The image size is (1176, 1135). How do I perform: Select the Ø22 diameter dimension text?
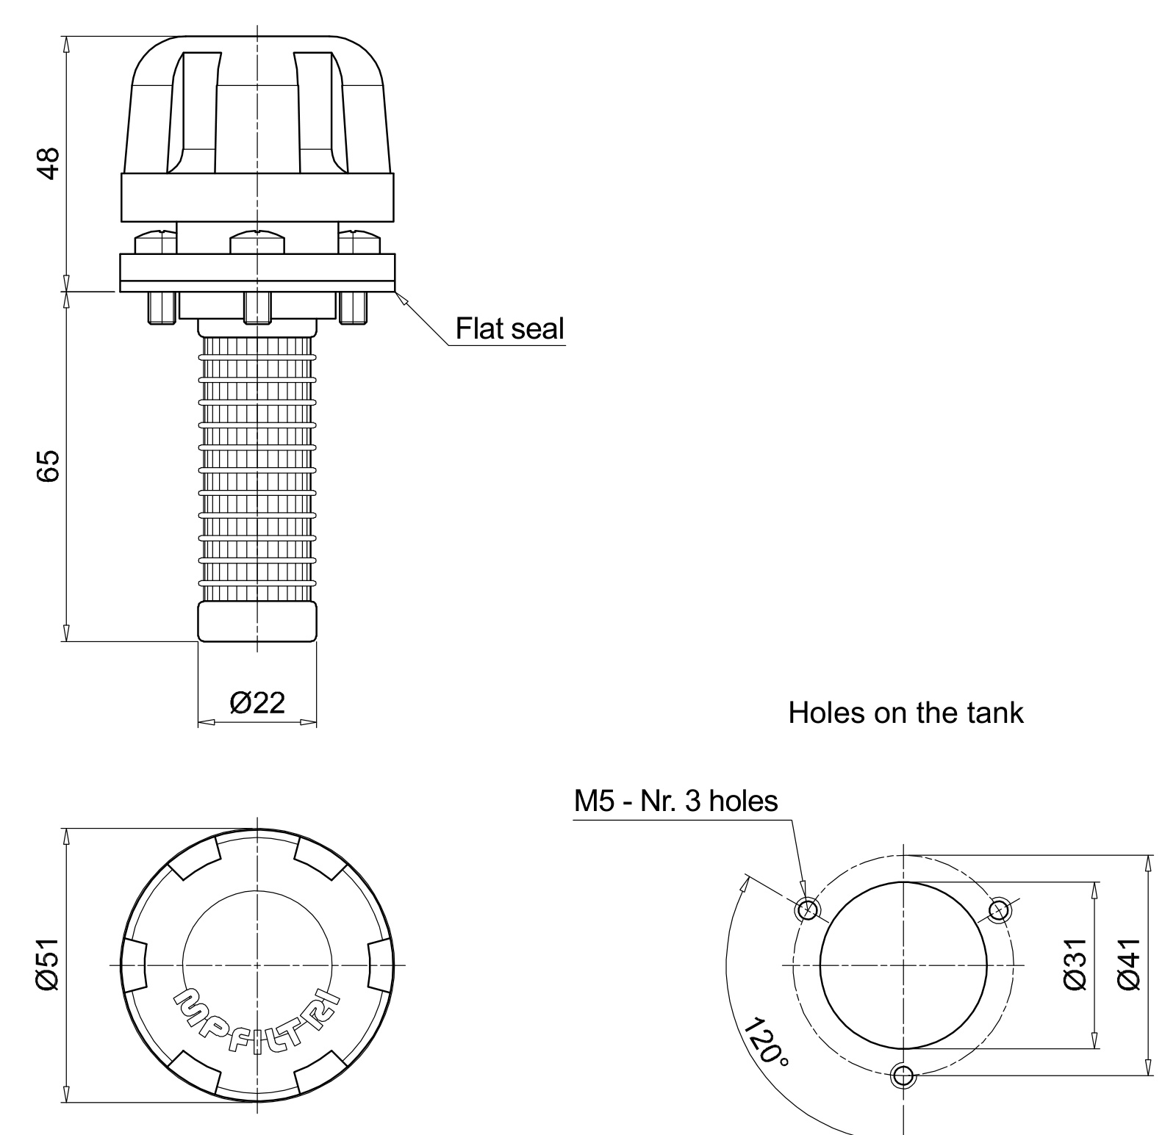pyautogui.click(x=257, y=702)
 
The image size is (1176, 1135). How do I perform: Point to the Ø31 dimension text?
pyautogui.click(x=1075, y=964)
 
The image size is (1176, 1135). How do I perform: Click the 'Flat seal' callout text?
pyautogui.click(x=510, y=328)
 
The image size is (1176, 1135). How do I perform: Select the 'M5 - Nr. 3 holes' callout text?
pyautogui.click(x=675, y=800)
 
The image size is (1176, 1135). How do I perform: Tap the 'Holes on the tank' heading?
pyautogui.click(x=906, y=713)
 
